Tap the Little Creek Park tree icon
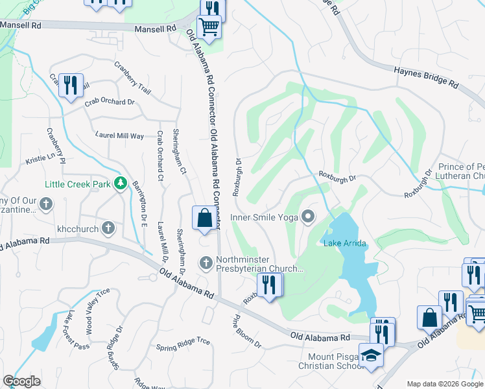click(x=119, y=184)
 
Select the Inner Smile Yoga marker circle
click(x=309, y=217)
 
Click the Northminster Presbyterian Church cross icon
click(x=206, y=263)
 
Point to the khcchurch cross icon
click(x=108, y=228)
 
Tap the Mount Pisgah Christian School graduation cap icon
click(x=372, y=355)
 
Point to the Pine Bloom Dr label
click(x=247, y=333)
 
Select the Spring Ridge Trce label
click(x=183, y=344)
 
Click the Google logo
click(x=21, y=381)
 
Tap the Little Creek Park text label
click(x=78, y=184)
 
